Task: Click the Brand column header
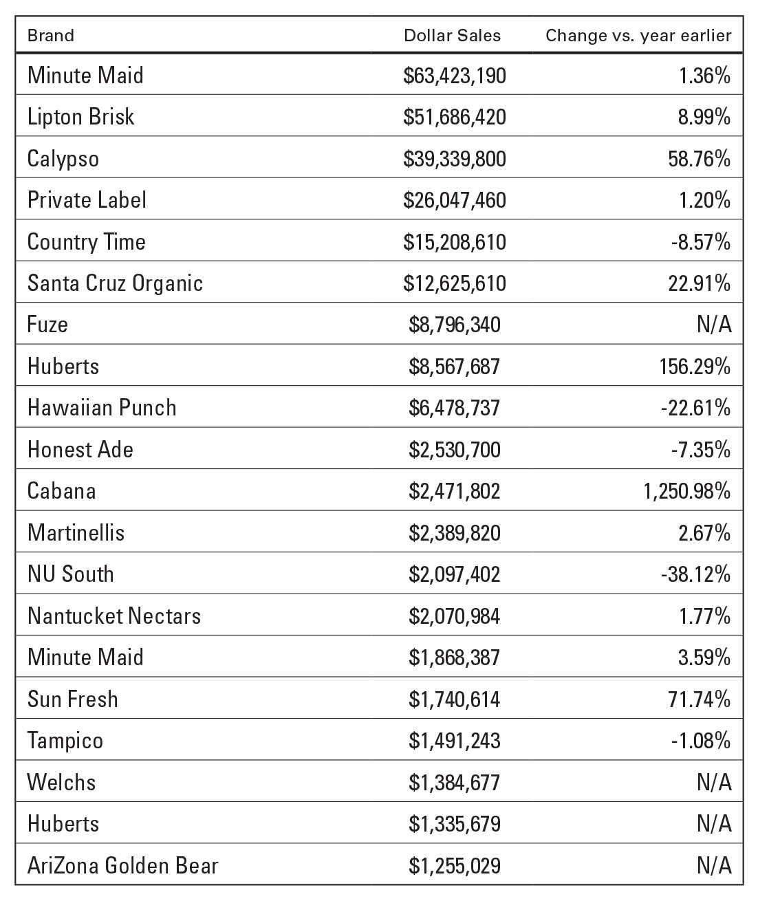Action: point(50,35)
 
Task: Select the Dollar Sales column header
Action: point(452,35)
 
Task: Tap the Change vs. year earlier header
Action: point(638,36)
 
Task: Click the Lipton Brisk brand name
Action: point(80,117)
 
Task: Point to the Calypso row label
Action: point(63,159)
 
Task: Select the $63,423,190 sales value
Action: point(454,76)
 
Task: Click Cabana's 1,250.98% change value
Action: point(686,491)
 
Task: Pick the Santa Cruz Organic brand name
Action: point(115,283)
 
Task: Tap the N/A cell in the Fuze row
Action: point(714,325)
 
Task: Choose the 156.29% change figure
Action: point(695,367)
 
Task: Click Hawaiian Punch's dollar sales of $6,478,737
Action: point(454,408)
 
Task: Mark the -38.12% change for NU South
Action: point(695,574)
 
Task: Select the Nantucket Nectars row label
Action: point(114,616)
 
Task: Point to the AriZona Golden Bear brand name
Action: point(122,866)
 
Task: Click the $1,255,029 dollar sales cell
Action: point(454,866)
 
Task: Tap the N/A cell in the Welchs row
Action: point(714,782)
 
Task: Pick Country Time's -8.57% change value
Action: point(701,241)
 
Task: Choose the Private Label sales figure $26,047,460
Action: point(454,200)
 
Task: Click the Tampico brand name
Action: point(65,741)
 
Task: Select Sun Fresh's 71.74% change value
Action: point(700,699)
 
